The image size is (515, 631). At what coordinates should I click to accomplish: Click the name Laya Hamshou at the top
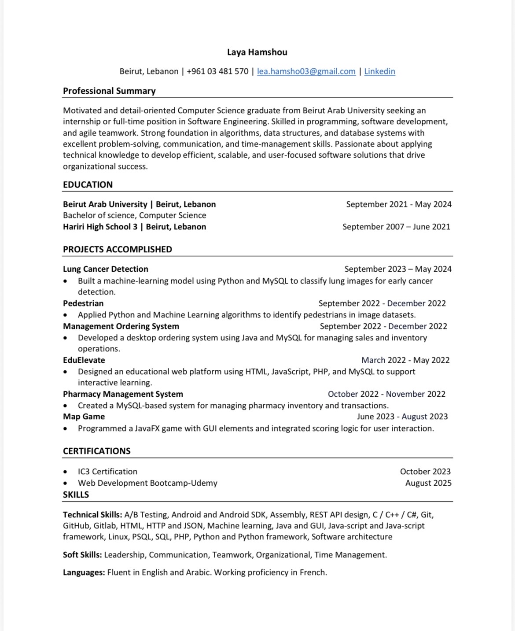pos(257,52)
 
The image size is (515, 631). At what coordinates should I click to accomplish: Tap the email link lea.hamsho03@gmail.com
pos(306,71)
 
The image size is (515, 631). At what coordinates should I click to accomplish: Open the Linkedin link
pos(379,71)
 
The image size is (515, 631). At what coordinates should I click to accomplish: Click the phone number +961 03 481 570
pos(217,71)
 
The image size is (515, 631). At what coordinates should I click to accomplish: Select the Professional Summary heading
pos(109,91)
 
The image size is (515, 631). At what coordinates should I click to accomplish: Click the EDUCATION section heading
pos(88,185)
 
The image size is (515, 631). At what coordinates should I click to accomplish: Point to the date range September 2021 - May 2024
pos(398,204)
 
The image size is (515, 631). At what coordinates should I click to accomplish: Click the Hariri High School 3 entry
pos(134,227)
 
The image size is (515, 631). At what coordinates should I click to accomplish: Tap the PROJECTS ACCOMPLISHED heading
pos(117,250)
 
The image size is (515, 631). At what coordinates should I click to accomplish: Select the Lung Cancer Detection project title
pos(105,269)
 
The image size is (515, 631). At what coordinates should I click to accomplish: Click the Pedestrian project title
pos(83,303)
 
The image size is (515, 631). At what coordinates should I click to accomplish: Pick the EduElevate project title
pos(84,360)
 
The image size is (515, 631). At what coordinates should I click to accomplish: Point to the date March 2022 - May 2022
pos(405,360)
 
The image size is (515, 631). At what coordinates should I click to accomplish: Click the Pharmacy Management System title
pos(123,394)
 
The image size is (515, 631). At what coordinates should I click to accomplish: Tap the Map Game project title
pos(84,417)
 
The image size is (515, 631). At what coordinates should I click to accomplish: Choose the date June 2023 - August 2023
pos(402,417)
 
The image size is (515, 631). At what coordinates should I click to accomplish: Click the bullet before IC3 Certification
pos(66,472)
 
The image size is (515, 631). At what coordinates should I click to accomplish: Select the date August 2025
pos(428,483)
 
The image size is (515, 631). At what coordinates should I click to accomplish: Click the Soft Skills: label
pos(82,555)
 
